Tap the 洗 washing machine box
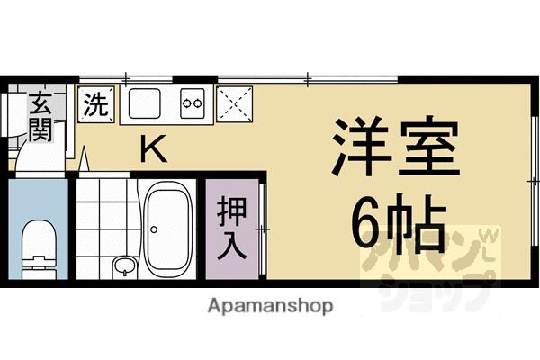[95, 103]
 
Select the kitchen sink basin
[143, 104]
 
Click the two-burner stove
[193, 103]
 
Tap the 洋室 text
[396, 148]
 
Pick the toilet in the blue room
[38, 238]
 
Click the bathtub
[167, 229]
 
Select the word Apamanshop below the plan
[270, 305]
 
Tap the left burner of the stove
[187, 103]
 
